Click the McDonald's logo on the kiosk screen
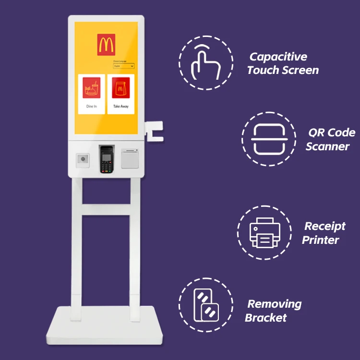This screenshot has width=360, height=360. [106, 44]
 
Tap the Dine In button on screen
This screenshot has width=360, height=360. [91, 94]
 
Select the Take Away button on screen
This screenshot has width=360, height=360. [120, 94]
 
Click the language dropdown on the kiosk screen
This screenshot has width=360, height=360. [123, 66]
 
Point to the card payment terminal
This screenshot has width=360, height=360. [106, 159]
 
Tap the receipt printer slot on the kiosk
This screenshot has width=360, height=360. [129, 158]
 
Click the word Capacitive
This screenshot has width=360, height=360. [278, 57]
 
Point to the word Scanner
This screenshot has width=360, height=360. [327, 146]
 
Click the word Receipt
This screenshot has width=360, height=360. [325, 226]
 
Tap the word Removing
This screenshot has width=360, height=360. [275, 304]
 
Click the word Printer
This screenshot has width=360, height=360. [321, 240]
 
